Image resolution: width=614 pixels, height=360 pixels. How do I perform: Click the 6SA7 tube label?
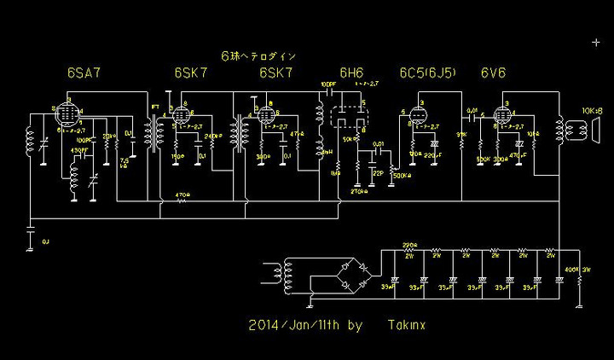[x=84, y=73]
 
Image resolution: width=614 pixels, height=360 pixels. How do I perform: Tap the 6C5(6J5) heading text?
[x=427, y=73]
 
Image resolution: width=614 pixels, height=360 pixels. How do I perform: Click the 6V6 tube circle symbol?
[x=501, y=116]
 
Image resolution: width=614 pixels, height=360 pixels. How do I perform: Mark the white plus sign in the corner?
[x=594, y=41]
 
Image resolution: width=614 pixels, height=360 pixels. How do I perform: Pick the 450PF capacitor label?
[x=78, y=151]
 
